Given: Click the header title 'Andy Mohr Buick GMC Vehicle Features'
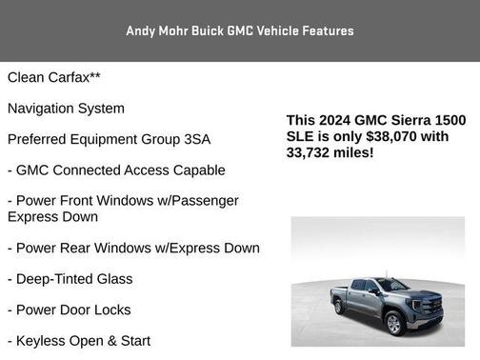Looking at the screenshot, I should coord(239,30).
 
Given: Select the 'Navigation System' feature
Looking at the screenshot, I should coord(66,109).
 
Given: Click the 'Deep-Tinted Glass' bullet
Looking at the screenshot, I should coord(70,279).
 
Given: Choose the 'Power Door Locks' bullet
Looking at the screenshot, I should coord(69,310).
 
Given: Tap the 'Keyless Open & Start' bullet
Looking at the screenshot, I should coord(78,340).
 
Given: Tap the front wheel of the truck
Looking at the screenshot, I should coord(392,324).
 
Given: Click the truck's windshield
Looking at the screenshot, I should coord(390,285).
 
